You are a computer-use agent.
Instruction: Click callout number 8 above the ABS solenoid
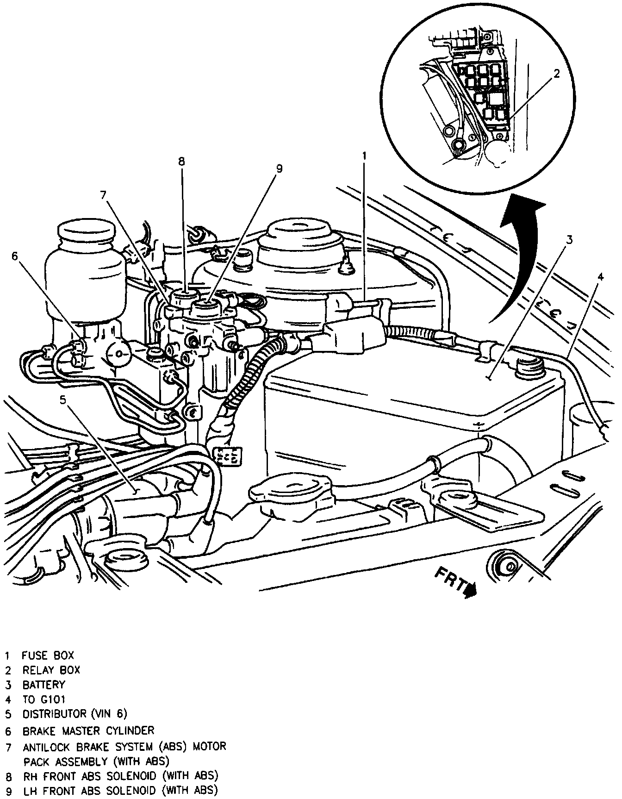181,162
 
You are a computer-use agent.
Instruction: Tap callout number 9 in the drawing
279,169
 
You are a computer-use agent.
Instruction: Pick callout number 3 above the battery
570,239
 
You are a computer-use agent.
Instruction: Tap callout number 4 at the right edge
600,277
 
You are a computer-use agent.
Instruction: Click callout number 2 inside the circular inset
557,74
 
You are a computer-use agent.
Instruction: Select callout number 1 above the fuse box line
364,156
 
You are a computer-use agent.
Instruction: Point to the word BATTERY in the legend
44,685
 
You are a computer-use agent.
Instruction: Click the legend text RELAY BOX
51,670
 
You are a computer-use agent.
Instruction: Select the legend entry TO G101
44,699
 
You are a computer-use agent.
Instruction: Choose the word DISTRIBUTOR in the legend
55,714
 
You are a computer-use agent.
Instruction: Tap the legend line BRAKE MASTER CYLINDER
88,731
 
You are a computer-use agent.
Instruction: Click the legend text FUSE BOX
48,655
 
